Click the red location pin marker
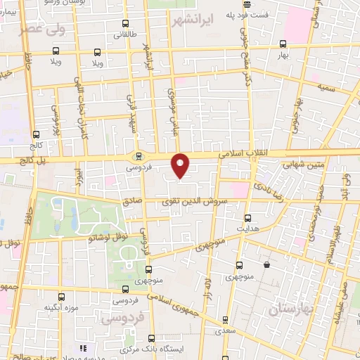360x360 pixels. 181,165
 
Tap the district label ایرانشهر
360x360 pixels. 192,20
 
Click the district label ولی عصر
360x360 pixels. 40,30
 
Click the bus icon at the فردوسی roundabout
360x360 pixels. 139,157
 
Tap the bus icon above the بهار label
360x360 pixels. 283,43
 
